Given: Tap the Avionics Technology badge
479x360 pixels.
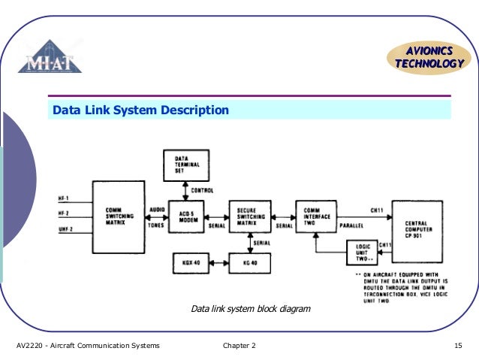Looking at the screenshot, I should [429, 57].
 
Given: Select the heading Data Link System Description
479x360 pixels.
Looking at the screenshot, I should [140, 110].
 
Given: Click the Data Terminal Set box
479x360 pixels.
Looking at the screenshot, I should [185, 165].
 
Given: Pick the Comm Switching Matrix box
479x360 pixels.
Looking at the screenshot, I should [118, 216].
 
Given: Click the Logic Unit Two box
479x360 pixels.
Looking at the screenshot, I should [361, 253].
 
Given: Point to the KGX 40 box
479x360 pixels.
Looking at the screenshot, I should [191, 263].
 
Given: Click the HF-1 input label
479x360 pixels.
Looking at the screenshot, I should [64, 198].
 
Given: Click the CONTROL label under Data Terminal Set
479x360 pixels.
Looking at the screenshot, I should [203, 190].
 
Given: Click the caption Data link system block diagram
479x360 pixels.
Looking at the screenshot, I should [250, 309].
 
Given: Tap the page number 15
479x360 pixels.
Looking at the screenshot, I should [458, 345].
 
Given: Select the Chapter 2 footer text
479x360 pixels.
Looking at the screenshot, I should [239, 345].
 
